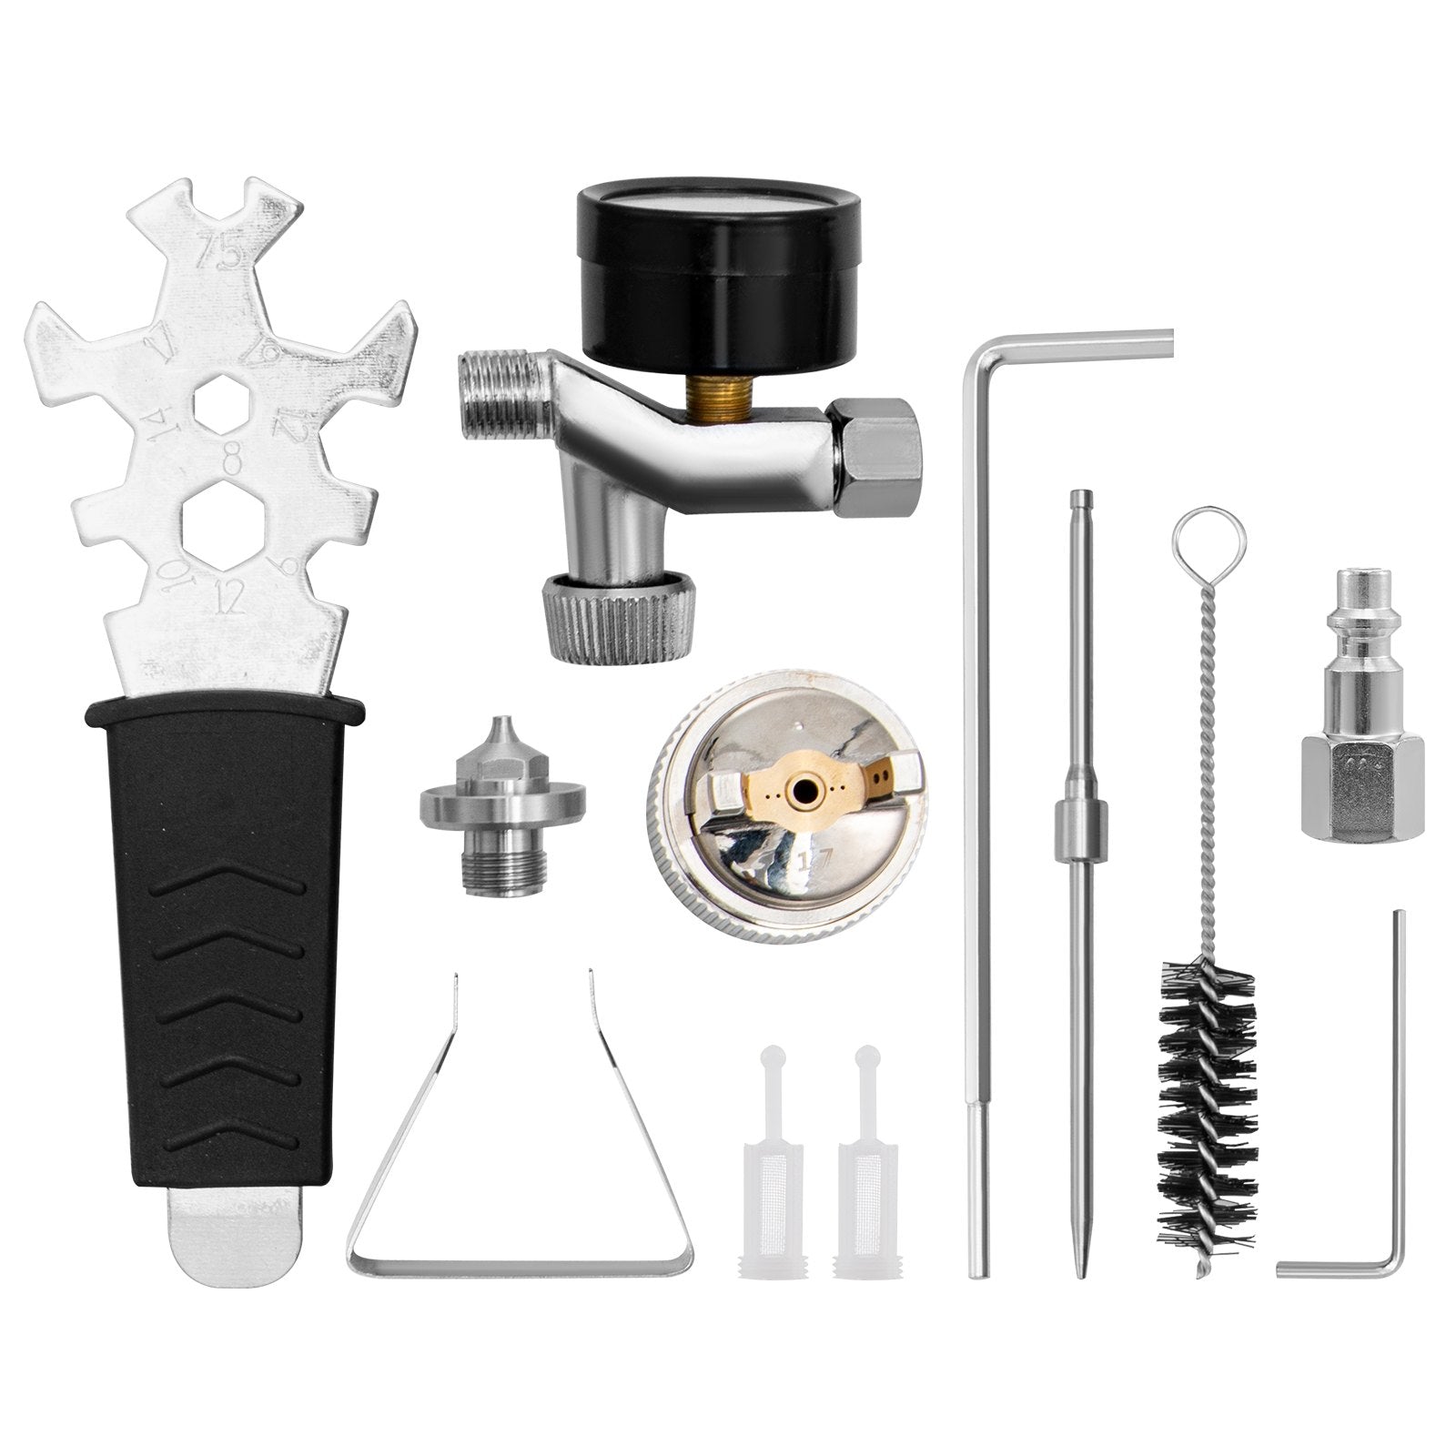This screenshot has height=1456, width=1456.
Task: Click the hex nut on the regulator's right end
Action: [877, 455]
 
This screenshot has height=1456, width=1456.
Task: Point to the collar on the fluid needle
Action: [1077, 824]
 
